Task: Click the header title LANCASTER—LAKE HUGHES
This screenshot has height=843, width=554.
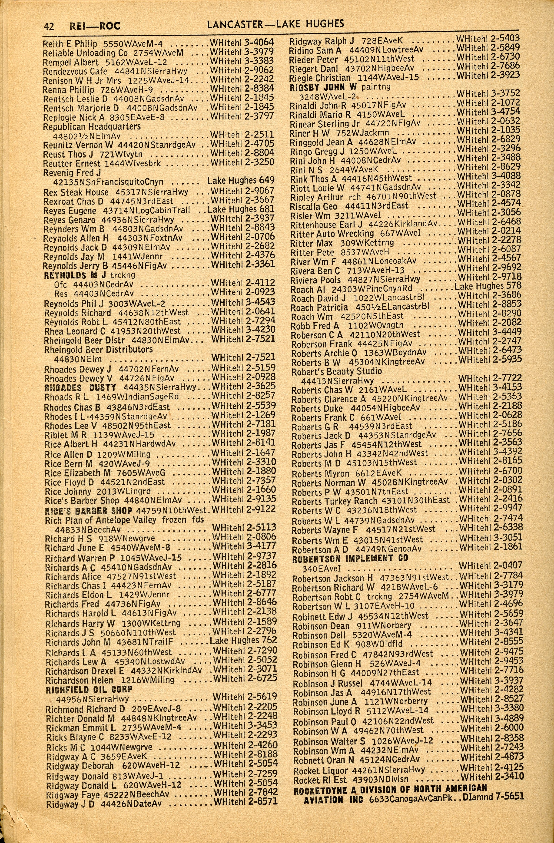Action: coord(275,24)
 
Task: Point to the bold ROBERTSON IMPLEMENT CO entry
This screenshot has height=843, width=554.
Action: coord(350,559)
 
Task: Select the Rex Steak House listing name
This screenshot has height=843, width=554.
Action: coord(76,192)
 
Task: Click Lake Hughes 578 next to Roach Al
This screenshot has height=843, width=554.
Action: coord(488,286)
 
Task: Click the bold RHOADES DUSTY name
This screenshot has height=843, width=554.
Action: coord(80,387)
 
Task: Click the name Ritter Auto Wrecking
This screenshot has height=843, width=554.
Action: coord(332,234)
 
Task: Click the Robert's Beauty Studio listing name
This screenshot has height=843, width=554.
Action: coord(336,371)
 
